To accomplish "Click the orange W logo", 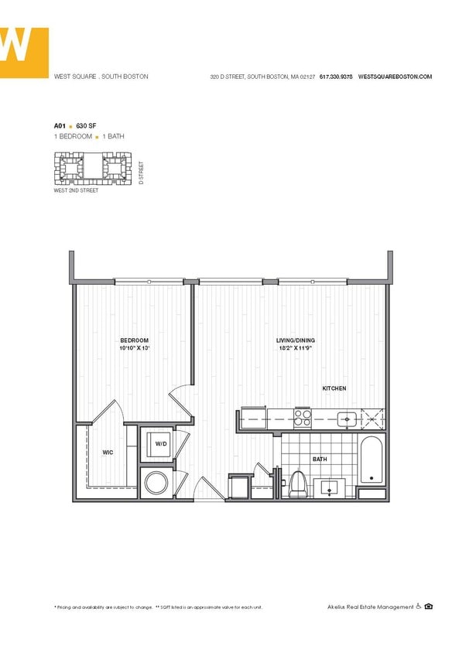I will (x=23, y=52).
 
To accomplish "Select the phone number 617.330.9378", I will (x=336, y=77).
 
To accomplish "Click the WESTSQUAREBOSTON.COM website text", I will (x=395, y=77).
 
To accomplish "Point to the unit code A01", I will (x=59, y=125).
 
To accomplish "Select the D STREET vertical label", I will (x=142, y=173).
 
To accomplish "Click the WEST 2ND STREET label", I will (x=76, y=190).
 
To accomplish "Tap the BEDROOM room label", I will (x=134, y=340).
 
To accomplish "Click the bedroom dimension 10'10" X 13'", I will (x=134, y=349).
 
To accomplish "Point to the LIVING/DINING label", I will (x=296, y=340).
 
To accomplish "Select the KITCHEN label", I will (x=334, y=388).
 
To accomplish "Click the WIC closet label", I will (x=108, y=453).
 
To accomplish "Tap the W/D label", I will (x=161, y=444).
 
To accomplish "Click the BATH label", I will (x=320, y=460).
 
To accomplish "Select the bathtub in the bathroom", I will (x=372, y=461).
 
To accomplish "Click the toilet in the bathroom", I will (x=298, y=485).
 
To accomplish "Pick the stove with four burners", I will (x=303, y=419).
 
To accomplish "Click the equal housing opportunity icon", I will (x=429, y=607).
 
